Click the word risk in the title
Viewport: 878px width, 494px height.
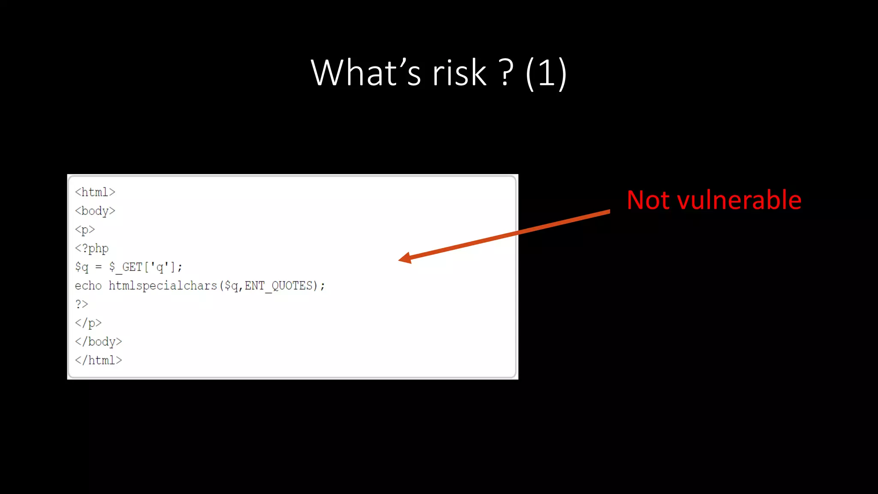coord(459,73)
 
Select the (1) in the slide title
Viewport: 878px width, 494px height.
coord(546,74)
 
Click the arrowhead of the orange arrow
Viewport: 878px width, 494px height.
coord(405,258)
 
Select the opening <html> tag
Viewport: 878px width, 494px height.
coord(95,192)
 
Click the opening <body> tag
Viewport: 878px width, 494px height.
coord(95,211)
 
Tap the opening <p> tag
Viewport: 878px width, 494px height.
coord(85,230)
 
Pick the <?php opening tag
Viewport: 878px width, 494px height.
coord(92,249)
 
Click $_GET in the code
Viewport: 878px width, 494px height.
coord(126,267)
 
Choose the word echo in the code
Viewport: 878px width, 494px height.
coord(88,286)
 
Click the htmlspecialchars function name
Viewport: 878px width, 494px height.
coord(163,286)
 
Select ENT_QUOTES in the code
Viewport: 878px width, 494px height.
coord(279,286)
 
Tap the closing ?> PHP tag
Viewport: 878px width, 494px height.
coord(81,304)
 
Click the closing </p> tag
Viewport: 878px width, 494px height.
coord(88,323)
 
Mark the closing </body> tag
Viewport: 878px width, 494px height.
coord(99,342)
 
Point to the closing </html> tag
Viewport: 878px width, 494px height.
coord(99,360)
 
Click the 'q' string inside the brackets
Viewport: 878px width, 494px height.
coord(159,267)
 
